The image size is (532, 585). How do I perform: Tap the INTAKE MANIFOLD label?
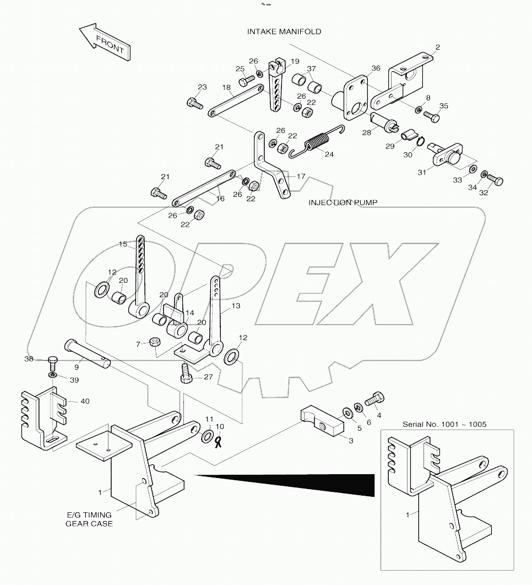[x=284, y=32]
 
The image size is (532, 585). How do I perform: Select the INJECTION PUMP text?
[x=338, y=202]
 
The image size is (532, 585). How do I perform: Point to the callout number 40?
[x=84, y=401]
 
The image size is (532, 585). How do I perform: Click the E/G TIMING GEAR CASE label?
[x=90, y=519]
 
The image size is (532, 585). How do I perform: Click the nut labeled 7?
[x=155, y=343]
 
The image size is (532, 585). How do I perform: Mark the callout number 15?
[x=122, y=244]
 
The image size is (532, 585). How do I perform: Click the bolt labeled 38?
[x=52, y=361]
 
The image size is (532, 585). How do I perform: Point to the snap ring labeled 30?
[x=420, y=143]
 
